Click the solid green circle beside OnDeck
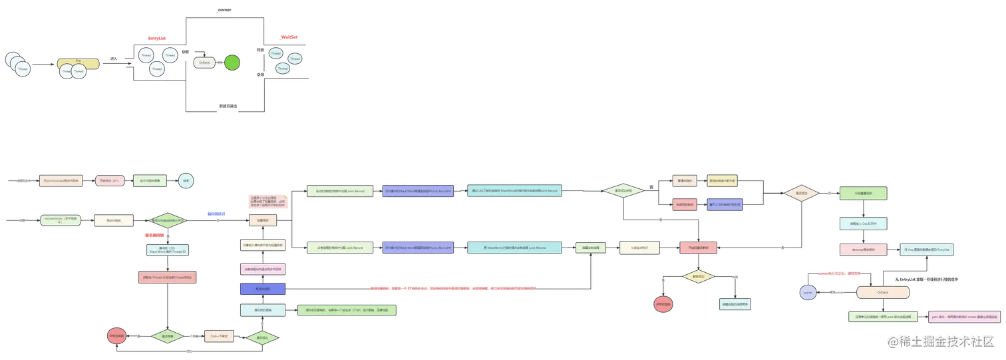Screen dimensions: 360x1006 click(232, 63)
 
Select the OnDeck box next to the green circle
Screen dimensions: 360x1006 click(206, 63)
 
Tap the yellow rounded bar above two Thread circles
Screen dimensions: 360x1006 click(78, 65)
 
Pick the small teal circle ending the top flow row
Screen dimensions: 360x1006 click(186, 180)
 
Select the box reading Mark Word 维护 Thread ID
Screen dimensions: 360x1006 click(168, 250)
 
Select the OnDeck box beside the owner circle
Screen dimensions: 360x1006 click(882, 292)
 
